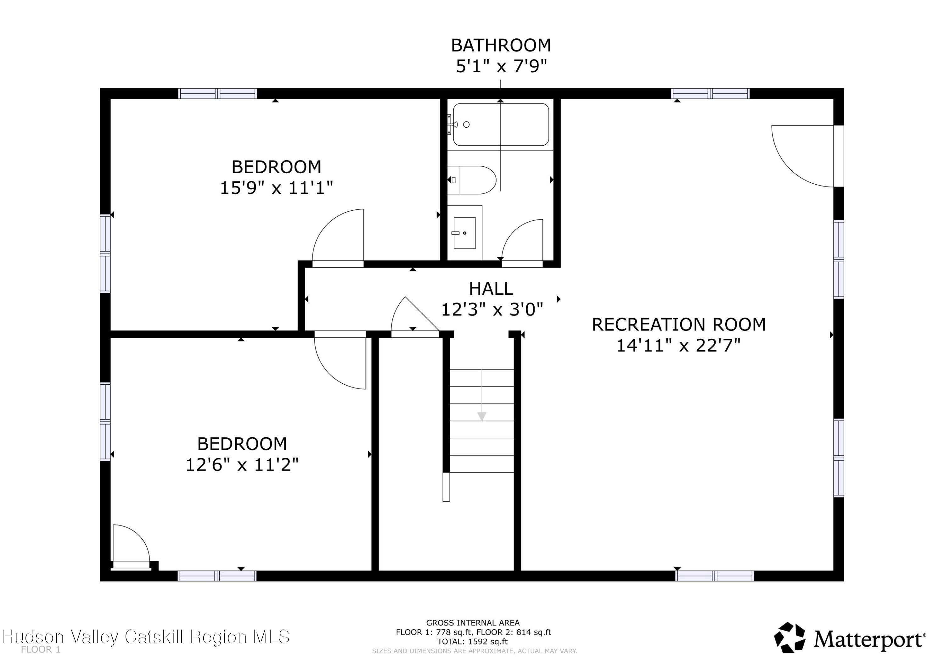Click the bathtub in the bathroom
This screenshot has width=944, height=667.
tap(500, 125)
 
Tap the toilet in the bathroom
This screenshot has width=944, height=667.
tap(473, 180)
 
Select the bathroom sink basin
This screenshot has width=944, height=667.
tap(464, 233)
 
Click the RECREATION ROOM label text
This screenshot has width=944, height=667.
tap(678, 325)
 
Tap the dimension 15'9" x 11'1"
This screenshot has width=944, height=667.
tap(276, 188)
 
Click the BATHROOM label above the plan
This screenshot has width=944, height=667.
tap(501, 45)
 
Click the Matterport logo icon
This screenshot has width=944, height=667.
tap(790, 637)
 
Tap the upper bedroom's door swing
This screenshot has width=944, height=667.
tap(338, 236)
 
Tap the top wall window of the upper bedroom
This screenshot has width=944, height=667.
tap(217, 94)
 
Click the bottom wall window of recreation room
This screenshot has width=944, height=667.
tap(715, 576)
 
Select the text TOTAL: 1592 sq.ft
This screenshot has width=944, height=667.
tap(472, 642)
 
